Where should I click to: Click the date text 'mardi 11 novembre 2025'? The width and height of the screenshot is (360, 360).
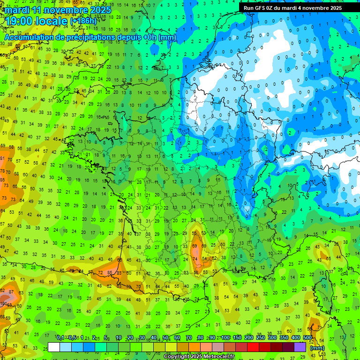pyautogui.click(x=59, y=10)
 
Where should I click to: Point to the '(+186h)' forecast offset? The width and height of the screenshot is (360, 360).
pyautogui.click(x=83, y=21)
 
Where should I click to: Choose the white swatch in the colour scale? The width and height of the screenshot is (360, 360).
pyautogui.click(x=54, y=347)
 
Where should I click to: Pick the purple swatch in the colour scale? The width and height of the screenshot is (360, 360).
pyautogui.click(x=300, y=347)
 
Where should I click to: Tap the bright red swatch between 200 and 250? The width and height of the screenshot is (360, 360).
pyautogui.click(x=253, y=347)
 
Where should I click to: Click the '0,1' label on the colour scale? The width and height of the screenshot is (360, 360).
pyautogui.click(x=60, y=338)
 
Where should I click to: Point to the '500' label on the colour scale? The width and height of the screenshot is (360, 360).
pyautogui.click(x=307, y=338)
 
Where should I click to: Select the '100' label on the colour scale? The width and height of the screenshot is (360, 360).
pyautogui.click(x=225, y=338)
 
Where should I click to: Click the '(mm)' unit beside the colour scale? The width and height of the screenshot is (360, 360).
pyautogui.click(x=317, y=348)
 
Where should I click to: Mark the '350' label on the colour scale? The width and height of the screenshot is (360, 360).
pyautogui.click(x=284, y=338)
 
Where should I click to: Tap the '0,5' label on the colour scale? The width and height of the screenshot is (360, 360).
pyautogui.click(x=72, y=338)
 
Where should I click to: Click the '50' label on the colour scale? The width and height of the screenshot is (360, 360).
pyautogui.click(x=165, y=338)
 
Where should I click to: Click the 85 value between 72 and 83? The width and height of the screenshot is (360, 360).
pyautogui.click(x=109, y=272)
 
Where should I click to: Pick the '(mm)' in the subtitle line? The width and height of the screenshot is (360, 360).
pyautogui.click(x=168, y=37)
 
